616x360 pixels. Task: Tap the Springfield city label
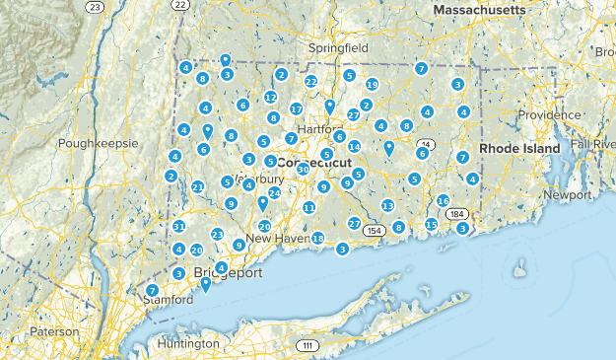[338, 47]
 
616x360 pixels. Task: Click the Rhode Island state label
[519, 148]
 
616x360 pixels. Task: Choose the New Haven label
[272, 239]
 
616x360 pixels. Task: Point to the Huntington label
[187, 343]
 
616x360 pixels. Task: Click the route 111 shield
[308, 345]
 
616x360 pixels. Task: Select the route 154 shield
[373, 231]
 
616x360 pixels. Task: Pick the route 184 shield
[456, 213]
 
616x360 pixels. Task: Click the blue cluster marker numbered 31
[179, 227]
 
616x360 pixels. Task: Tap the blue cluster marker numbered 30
[304, 170]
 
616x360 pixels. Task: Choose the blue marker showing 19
[372, 85]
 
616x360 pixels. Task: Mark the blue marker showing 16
[444, 201]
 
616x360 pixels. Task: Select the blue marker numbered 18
[318, 239]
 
